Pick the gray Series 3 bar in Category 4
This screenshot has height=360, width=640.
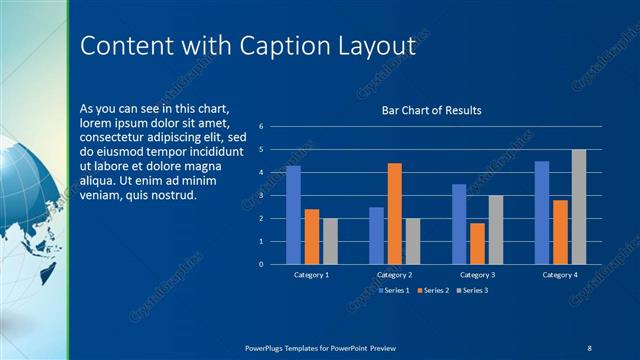(579, 207)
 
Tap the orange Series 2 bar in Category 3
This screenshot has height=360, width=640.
(477, 244)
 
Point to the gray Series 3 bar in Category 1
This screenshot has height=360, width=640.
(330, 241)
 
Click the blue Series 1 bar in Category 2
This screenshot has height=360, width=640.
(376, 236)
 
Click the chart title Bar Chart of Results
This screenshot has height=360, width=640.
(432, 110)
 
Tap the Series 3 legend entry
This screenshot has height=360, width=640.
(473, 290)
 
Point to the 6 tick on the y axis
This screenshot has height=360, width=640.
(260, 127)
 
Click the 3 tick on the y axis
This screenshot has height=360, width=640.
(260, 196)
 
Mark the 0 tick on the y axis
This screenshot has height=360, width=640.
(260, 265)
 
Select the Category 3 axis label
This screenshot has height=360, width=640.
(478, 274)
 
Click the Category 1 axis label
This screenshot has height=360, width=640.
(312, 274)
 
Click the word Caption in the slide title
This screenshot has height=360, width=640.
(299, 47)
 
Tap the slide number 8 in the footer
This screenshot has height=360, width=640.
(588, 347)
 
